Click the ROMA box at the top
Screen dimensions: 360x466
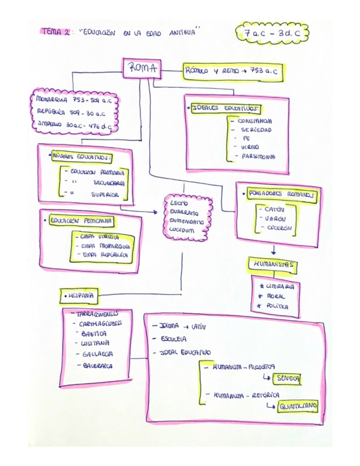[x=142, y=69]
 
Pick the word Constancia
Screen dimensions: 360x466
[x=254, y=121]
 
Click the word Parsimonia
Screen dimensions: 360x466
[x=257, y=157]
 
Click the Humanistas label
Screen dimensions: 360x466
[x=273, y=264]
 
